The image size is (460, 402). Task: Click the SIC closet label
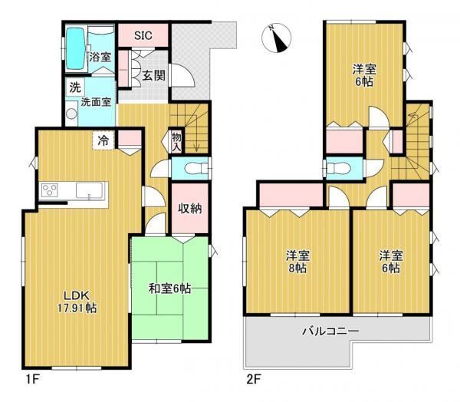tap(143, 35)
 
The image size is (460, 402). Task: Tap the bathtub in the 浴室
tap(76, 48)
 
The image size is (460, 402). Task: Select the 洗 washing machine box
tap(75, 87)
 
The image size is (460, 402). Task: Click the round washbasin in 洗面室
tap(71, 114)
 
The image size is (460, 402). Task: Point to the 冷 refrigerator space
tap(103, 140)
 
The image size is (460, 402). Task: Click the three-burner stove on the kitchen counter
tap(49, 189)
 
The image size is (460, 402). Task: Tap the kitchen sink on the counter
tap(90, 190)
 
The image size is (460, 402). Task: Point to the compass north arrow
tap(278, 38)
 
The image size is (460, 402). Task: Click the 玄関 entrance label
tap(154, 75)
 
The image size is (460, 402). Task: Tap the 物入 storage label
tap(176, 142)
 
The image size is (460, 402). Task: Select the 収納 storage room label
tap(190, 209)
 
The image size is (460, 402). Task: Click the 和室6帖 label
tap(170, 288)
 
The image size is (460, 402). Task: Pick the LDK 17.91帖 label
tap(77, 301)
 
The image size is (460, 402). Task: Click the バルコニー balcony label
tap(330, 331)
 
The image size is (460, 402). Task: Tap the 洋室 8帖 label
tap(297, 262)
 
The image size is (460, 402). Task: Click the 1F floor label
tap(32, 380)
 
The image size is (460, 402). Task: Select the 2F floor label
tap(254, 380)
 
